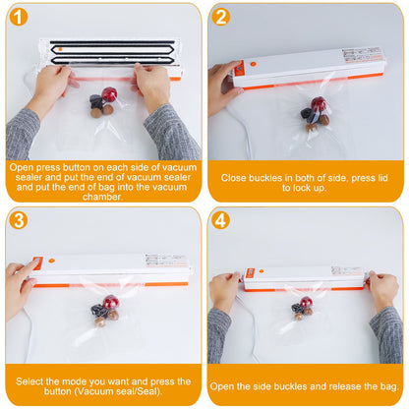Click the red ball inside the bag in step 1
click(108, 95)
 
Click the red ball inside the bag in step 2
click(319, 104)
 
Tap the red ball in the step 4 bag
click(307, 303)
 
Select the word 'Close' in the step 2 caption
click(236, 177)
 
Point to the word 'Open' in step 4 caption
click(224, 385)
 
